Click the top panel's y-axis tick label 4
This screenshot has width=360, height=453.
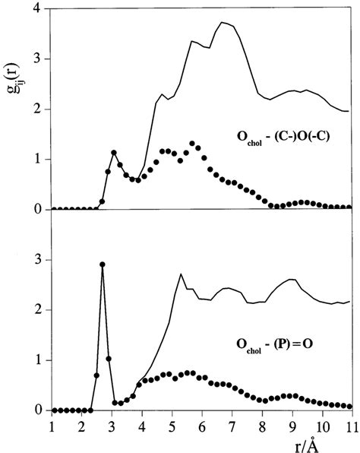click(37, 8)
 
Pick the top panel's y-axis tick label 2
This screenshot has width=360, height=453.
click(37, 109)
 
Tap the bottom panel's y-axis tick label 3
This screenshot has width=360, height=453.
click(37, 260)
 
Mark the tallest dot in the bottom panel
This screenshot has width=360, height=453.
click(102, 265)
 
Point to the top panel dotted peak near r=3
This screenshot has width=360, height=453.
click(114, 152)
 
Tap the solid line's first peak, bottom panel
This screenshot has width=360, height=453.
click(181, 274)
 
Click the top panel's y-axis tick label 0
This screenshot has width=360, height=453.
click(37, 209)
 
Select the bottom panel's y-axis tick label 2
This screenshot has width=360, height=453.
click(37, 310)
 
